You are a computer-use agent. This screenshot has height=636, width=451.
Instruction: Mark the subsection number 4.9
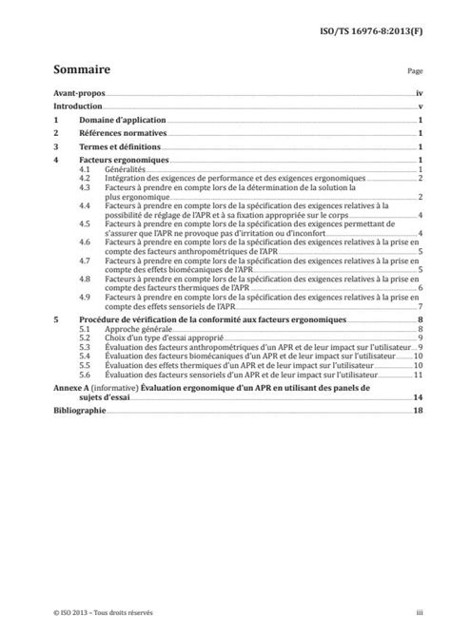[85, 297]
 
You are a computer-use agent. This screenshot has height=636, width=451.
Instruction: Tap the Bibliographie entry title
[81, 410]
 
